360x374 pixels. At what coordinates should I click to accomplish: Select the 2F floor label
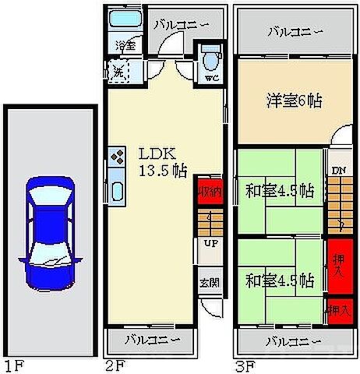[x=113, y=364]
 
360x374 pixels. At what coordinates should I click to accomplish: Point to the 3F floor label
[x=244, y=364]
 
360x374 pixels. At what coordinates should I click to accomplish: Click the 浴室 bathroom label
[x=126, y=45]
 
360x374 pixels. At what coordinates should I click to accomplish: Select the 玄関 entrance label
[x=209, y=283]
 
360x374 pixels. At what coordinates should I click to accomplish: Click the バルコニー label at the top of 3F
[x=293, y=32]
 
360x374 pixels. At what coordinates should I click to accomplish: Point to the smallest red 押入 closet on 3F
[x=338, y=309]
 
